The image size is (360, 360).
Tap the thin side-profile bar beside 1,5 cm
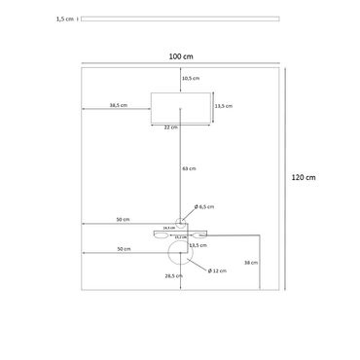(180, 18)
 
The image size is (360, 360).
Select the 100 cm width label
(180, 56)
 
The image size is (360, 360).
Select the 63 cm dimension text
(189, 169)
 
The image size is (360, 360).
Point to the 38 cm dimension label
(251, 263)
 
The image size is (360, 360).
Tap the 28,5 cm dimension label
(172, 276)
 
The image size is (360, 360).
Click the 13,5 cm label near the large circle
(198, 245)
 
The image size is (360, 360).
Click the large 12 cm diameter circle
(179, 254)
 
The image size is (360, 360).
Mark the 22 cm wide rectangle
(181, 106)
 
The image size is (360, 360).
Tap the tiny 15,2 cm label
(180, 236)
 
